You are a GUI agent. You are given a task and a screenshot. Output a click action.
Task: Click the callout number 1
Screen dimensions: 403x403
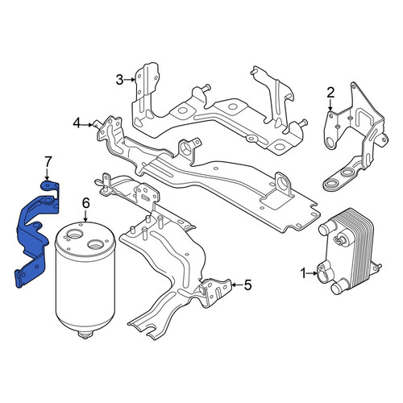coord(303,273)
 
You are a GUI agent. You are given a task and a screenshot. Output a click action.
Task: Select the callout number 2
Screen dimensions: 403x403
coord(330,93)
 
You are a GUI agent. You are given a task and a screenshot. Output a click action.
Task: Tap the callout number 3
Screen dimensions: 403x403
coord(119,80)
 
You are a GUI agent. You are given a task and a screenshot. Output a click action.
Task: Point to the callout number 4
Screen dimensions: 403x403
coord(77,124)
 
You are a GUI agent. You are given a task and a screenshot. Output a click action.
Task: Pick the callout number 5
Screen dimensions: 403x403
coord(247,285)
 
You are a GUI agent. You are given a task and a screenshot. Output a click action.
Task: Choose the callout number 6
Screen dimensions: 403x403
coord(85,203)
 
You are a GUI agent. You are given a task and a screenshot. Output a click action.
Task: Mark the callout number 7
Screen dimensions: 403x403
coord(48,162)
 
